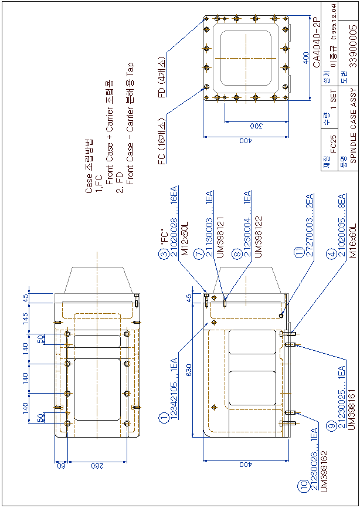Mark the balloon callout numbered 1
point(163,418)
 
